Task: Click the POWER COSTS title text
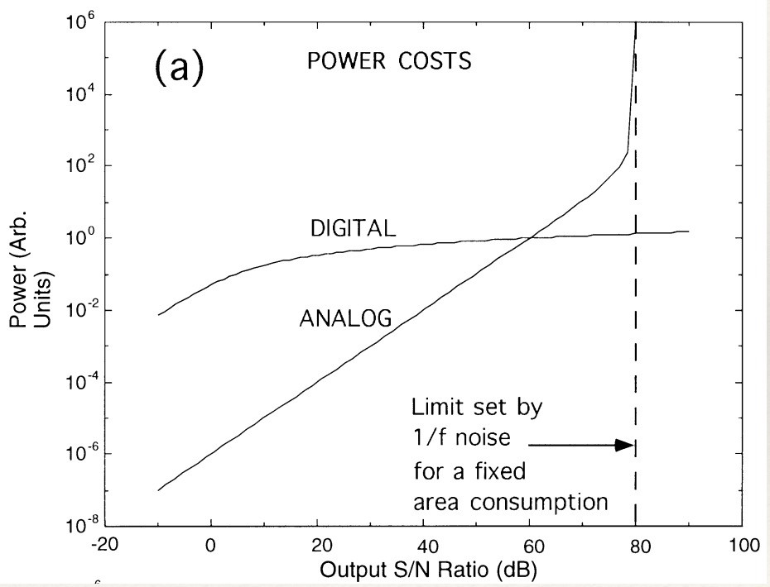390,62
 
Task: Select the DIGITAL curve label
353,228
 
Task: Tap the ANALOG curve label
344,317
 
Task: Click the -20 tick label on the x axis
104,547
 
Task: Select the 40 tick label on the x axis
424,547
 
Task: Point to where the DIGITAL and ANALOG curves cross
531,238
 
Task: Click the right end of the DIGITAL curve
688,231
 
